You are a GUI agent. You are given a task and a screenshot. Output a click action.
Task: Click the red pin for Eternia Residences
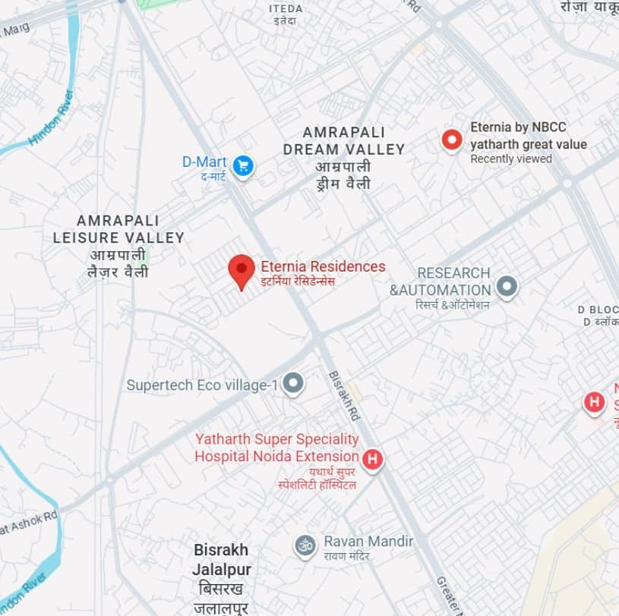242,270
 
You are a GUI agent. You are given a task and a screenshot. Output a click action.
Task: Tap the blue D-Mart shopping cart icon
243,165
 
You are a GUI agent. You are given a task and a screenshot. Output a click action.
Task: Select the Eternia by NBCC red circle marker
452,140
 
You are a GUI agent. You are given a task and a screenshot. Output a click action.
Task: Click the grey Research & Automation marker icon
507,287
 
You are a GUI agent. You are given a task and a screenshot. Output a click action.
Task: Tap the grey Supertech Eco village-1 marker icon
293,384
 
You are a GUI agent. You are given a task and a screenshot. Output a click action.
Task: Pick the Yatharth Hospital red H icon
372,458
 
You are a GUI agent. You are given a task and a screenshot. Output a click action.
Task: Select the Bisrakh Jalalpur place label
221,559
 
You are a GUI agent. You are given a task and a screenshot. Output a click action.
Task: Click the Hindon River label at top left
51,118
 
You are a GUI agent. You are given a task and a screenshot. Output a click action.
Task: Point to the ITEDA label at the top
286,9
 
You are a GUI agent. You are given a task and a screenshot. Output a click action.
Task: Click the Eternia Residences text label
323,266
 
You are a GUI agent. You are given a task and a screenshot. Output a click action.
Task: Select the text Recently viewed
510,159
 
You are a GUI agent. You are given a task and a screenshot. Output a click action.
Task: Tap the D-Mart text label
204,161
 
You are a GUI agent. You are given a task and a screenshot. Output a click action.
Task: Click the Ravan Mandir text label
368,542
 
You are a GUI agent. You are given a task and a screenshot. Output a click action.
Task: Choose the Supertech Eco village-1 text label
202,385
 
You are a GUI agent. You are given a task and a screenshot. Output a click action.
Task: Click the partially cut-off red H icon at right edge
594,402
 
